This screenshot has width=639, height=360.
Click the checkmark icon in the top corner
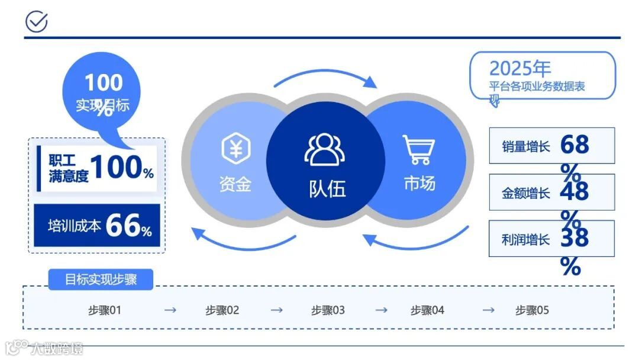(37, 22)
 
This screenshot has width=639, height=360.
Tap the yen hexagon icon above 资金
(235, 148)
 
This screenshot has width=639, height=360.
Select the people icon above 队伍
(325, 149)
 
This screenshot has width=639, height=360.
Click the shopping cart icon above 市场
(419, 149)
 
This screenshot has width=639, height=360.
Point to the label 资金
(235, 184)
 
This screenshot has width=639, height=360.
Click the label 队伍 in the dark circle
(327, 189)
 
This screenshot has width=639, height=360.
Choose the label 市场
(419, 184)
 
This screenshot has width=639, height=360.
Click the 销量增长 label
(526, 146)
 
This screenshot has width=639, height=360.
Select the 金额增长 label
(526, 193)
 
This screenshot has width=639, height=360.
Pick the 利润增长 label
(526, 240)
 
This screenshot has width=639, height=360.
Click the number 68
(575, 144)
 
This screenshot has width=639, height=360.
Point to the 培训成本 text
(75, 226)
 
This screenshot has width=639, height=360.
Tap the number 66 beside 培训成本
(123, 226)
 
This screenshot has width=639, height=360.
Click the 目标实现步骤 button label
(101, 279)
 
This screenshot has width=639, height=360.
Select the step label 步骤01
(105, 310)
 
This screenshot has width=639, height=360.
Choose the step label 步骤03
(328, 310)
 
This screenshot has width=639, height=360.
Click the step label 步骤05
(532, 310)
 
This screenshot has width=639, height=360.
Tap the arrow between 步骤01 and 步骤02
(170, 310)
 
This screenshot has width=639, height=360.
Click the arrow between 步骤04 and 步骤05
(488, 310)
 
